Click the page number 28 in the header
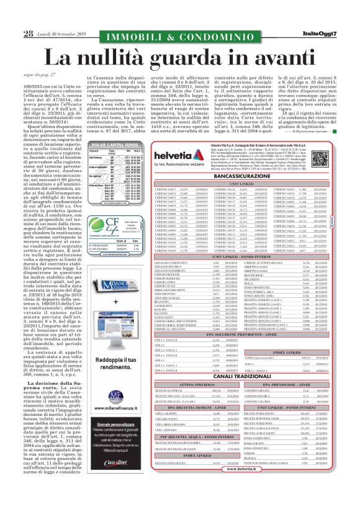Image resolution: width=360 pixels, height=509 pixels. coord(12,16)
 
